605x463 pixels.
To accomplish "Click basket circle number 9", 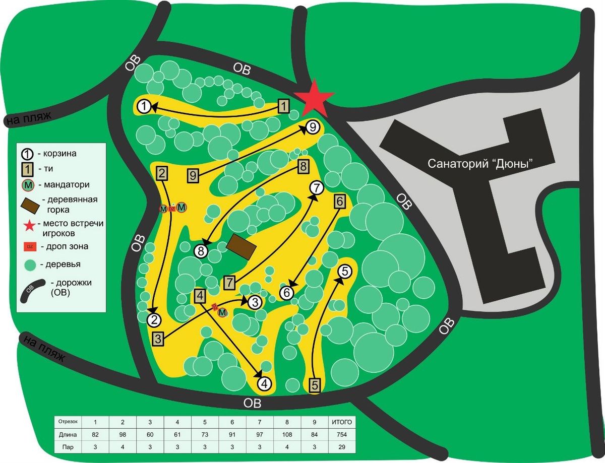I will point(313,127).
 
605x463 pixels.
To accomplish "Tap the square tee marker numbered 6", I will point(339,201).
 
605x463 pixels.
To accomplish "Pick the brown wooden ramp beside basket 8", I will point(241,246).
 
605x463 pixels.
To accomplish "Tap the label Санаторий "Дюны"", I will point(480,164).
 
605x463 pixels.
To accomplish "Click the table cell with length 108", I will point(287,434).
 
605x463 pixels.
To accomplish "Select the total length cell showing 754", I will point(342,434).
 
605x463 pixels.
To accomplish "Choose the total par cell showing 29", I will point(342,447).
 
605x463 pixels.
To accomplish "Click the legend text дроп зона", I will point(67,246).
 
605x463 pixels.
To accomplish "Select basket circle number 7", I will point(317,188).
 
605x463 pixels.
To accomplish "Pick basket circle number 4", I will point(264,383).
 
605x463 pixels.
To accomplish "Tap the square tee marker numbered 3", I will point(159,339).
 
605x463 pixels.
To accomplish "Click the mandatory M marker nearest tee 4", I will point(222,312).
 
